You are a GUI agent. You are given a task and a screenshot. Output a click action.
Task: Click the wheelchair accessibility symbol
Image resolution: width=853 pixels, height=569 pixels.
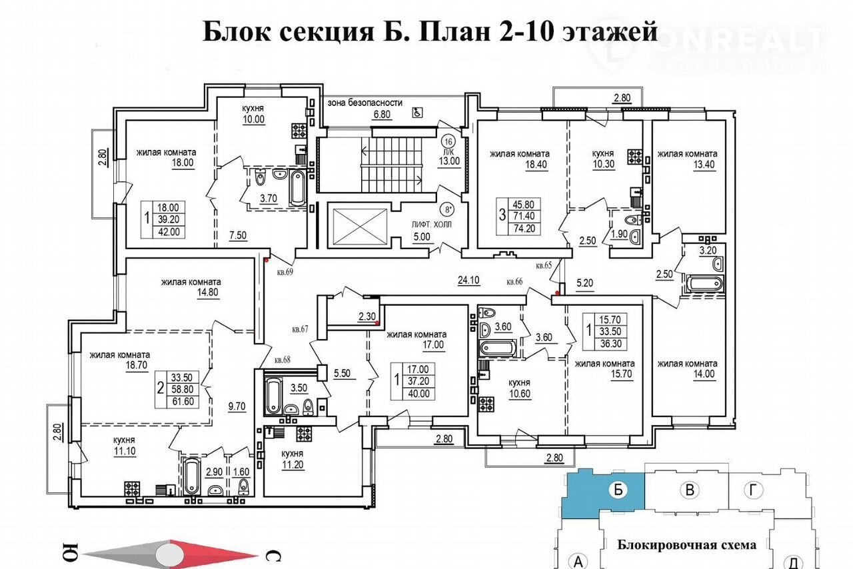(417, 113)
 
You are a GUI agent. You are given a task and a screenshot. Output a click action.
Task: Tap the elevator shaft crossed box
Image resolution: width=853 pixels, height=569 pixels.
(360, 227)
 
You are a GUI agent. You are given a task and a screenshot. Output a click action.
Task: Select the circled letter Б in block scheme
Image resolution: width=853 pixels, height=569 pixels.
(618, 490)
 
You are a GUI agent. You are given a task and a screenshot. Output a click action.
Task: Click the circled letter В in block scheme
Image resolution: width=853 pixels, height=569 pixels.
(690, 490)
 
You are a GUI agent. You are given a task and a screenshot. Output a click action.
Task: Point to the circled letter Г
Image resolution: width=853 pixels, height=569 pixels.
(753, 490)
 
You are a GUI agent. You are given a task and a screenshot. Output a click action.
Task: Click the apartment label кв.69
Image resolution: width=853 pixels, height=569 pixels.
(285, 272)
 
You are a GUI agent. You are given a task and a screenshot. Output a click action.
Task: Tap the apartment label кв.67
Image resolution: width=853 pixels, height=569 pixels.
(300, 329)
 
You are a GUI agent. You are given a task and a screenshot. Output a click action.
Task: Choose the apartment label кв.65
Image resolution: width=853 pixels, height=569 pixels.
(544, 265)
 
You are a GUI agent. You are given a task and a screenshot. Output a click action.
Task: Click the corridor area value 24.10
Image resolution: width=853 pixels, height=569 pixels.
(468, 281)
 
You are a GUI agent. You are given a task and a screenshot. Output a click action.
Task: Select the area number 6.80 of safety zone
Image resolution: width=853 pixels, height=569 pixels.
(382, 114)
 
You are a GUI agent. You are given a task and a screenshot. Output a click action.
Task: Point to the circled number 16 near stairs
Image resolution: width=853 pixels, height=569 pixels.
(448, 142)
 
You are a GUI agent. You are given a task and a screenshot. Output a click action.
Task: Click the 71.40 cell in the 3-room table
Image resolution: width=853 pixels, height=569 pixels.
(524, 216)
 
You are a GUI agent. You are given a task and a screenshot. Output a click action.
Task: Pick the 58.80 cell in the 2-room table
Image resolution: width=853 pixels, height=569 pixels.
(183, 389)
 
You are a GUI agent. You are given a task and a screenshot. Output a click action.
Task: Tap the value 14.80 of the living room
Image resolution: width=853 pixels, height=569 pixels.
(208, 292)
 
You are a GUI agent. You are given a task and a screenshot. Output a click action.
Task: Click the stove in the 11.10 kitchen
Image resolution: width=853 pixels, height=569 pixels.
(132, 488)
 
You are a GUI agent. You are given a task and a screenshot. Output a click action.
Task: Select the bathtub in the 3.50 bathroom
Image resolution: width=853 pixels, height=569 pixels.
(273, 395)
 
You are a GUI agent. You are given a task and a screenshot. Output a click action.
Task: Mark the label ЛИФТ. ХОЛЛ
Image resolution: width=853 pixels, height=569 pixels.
(431, 225)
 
